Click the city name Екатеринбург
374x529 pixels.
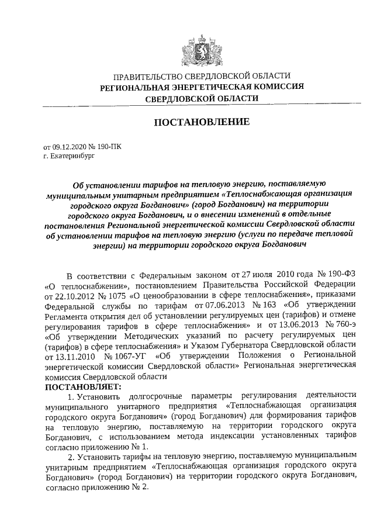pyautogui.click(x=72, y=157)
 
